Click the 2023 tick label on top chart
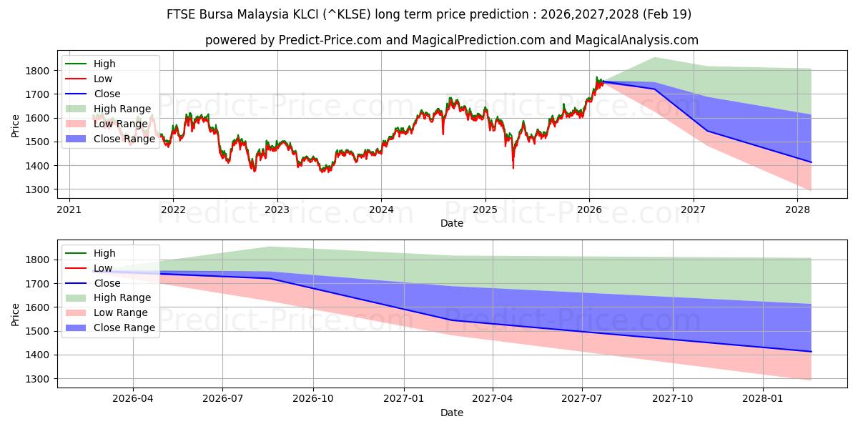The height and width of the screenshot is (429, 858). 277,209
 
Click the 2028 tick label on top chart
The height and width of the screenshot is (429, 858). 797,209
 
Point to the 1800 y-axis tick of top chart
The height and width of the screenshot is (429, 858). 39,71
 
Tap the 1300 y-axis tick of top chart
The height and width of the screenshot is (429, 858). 39,189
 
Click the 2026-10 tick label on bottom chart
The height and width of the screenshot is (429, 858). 313,399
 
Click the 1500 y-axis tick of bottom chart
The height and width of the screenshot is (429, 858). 39,331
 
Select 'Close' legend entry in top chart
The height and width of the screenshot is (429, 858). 107,94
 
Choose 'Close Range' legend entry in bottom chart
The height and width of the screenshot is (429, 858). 124,327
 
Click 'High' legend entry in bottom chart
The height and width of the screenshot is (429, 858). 104,253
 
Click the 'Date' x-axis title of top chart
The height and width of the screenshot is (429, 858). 451,223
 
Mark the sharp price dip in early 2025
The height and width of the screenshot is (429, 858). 513,167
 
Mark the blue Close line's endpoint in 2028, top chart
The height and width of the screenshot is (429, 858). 811,162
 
